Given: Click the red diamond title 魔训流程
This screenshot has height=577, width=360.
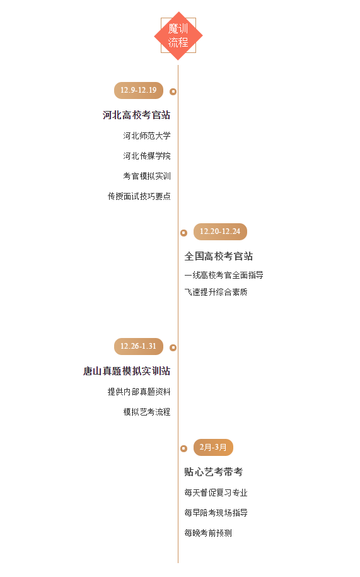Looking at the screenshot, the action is [178, 36].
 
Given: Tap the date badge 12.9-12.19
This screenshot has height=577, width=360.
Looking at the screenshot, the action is [139, 90].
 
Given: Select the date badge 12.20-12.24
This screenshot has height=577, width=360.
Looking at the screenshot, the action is [220, 231].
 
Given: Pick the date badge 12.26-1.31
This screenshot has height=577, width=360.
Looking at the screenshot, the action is [139, 346].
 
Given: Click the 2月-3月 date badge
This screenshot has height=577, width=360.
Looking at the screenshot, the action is [213, 447].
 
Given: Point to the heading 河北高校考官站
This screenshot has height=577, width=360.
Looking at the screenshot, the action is [136, 115].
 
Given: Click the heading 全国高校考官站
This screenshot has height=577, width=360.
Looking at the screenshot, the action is [219, 256].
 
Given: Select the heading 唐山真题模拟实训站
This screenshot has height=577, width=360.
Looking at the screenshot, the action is [127, 371].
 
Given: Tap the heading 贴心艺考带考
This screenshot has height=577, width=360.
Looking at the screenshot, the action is [214, 472].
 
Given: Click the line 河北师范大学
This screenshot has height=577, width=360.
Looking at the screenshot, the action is [147, 136].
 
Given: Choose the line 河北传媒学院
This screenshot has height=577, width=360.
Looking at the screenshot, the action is [147, 156].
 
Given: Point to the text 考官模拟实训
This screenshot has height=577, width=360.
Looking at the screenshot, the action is [147, 177].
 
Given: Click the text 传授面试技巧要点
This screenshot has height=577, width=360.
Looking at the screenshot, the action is [139, 197].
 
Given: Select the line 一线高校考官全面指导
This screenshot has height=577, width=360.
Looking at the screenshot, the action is [224, 275].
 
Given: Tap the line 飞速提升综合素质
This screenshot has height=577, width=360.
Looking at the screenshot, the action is [216, 292].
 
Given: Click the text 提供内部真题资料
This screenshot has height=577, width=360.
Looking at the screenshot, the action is [139, 392].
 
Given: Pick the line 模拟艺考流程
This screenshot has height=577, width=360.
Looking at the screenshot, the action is [147, 412].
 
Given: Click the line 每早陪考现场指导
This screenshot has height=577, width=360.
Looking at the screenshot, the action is [216, 513].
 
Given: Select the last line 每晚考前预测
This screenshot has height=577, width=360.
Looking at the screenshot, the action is [208, 533].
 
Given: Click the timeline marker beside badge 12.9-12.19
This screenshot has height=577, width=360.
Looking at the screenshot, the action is [173, 91].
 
